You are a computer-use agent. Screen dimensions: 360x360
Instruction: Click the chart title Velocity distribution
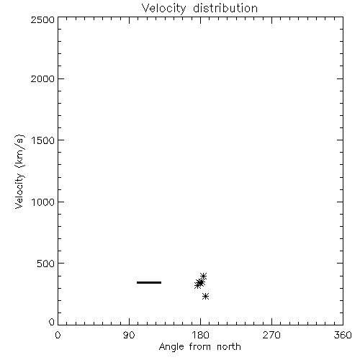(x=199, y=8)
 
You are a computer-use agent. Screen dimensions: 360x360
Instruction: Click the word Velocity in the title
(x=163, y=9)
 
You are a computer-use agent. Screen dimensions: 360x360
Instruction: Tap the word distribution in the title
(x=225, y=8)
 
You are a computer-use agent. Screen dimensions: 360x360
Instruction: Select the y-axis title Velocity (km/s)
(x=19, y=171)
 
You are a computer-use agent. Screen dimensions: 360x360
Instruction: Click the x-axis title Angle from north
(x=199, y=346)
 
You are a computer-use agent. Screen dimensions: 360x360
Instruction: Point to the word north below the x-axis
(x=229, y=346)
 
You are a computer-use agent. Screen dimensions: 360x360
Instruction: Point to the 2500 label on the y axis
(x=42, y=19)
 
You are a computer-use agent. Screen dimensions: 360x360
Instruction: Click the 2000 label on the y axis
(x=42, y=78)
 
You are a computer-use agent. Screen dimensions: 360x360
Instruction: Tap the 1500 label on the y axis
(x=43, y=140)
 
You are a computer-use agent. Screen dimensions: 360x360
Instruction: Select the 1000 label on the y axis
(x=43, y=202)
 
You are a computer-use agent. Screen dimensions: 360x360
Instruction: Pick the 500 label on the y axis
(x=46, y=264)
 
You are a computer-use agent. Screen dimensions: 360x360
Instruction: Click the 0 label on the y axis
(x=52, y=322)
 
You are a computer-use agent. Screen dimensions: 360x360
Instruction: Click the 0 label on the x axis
(x=58, y=335)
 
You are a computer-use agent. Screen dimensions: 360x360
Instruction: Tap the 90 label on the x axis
(x=129, y=335)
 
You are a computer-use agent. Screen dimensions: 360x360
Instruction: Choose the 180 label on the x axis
(x=200, y=335)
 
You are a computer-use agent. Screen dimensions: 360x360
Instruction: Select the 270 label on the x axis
(x=271, y=335)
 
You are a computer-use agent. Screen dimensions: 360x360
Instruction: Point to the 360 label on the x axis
(x=343, y=335)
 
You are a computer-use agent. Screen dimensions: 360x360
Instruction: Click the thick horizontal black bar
(x=149, y=282)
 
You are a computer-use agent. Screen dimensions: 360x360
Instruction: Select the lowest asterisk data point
(x=205, y=297)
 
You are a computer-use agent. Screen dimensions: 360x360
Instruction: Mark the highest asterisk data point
(x=203, y=276)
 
